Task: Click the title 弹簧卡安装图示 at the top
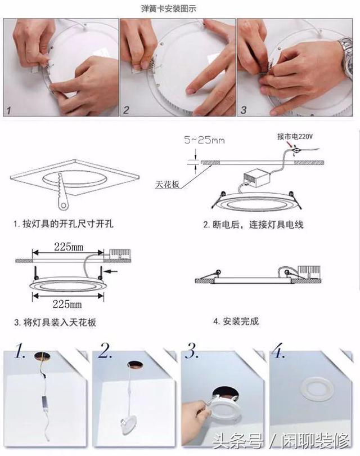(169, 9)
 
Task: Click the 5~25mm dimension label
(204, 140)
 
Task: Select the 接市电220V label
(295, 136)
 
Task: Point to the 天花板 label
(168, 185)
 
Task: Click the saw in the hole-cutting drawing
(62, 191)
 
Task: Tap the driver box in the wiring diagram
(257, 178)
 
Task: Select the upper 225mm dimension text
(69, 247)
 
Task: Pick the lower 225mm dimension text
(67, 304)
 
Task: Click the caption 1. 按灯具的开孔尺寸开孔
(64, 224)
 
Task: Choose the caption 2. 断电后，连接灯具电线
(253, 225)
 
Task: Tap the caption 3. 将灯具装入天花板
(55, 322)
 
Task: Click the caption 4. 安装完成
(236, 321)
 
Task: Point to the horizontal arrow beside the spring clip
(111, 271)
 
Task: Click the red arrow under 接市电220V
(290, 145)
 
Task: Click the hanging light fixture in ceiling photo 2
(128, 425)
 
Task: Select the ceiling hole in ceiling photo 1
(42, 356)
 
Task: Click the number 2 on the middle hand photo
(126, 110)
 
